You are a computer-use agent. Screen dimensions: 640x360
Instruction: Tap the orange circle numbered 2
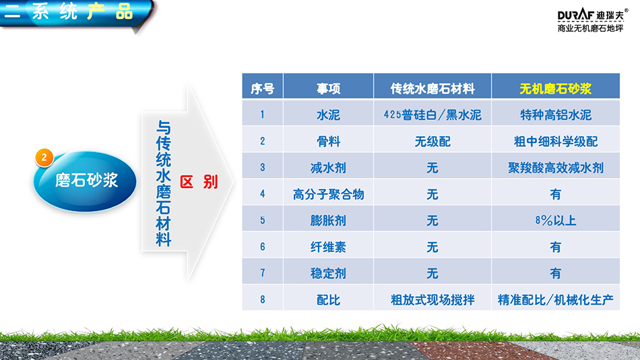point(44,158)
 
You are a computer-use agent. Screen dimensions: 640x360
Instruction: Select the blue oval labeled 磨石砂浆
point(85,181)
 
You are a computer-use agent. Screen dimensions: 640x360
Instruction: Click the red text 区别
point(199,182)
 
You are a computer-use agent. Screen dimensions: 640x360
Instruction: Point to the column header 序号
point(263,89)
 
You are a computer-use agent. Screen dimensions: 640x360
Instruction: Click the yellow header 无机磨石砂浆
point(556,89)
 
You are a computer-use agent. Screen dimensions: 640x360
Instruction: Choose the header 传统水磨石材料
point(433,89)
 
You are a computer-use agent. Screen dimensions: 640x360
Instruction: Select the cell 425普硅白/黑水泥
point(433,115)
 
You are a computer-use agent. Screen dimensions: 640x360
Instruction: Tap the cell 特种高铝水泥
point(556,115)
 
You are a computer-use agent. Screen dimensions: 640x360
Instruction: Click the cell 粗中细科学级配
point(556,142)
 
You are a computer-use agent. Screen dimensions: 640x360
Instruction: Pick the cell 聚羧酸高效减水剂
point(556,168)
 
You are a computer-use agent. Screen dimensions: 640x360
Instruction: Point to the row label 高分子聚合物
point(329,194)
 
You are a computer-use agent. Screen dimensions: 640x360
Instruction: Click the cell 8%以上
point(556,220)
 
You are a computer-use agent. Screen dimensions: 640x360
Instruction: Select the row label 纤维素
point(329,247)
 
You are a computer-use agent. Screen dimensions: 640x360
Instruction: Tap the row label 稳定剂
point(329,274)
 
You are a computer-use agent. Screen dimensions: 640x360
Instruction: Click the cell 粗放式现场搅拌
point(433,300)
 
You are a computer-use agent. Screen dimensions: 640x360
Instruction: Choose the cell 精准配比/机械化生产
point(556,300)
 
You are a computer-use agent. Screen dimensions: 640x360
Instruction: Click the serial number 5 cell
point(263,220)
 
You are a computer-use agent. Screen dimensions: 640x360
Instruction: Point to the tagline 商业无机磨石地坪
point(591,28)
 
